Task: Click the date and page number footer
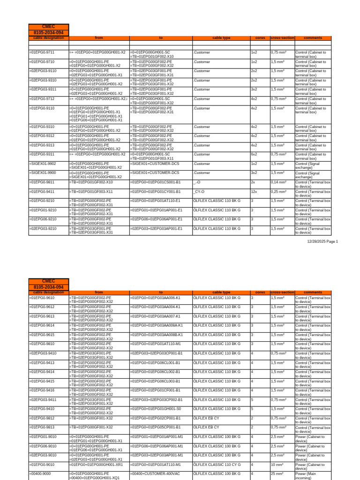click(322, 241)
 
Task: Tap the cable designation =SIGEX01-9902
click(43, 164)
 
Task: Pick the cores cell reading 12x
click(255, 191)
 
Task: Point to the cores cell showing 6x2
click(255, 154)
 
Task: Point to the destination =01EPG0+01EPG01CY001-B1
click(155, 191)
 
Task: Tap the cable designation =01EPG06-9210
click(43, 219)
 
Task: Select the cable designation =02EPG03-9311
click(43, 90)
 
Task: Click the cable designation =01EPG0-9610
click(42, 298)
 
